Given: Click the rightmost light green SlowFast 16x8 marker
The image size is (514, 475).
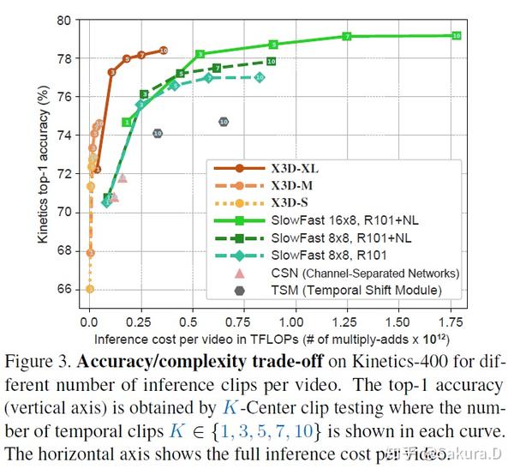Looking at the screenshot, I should click(x=456, y=35).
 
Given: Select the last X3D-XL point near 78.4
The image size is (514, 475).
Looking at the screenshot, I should click(x=164, y=51).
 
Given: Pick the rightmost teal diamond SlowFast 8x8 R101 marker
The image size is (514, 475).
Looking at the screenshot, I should click(x=260, y=77).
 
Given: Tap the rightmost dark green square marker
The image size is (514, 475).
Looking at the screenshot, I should click(x=271, y=62).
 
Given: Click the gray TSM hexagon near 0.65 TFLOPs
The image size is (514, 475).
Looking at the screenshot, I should click(x=224, y=122).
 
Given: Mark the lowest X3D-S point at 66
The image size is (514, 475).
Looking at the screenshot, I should click(x=90, y=289).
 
